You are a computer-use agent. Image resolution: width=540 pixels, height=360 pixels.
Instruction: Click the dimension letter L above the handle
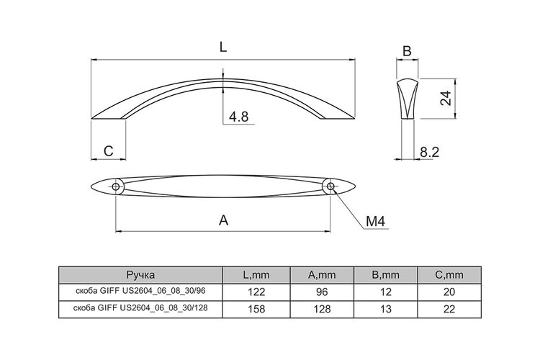click(223, 48)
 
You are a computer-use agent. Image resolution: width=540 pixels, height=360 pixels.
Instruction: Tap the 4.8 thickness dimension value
click(238, 117)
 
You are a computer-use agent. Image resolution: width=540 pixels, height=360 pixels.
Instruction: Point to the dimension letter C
click(108, 151)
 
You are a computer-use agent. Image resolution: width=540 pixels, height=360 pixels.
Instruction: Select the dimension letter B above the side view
click(407, 51)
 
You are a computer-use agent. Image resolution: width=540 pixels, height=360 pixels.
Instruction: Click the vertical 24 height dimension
click(446, 98)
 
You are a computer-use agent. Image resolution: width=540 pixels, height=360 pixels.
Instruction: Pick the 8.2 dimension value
click(429, 152)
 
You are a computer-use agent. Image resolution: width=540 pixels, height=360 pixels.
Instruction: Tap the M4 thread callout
click(375, 222)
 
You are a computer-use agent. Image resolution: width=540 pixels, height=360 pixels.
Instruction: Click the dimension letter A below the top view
click(223, 220)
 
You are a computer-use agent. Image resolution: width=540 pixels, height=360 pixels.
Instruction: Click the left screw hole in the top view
click(116, 186)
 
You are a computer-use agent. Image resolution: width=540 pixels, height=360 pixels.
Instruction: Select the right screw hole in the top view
click(330, 186)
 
